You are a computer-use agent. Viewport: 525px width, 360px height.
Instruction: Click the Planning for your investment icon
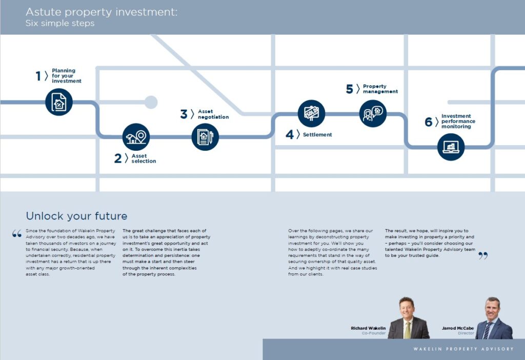point(59,102)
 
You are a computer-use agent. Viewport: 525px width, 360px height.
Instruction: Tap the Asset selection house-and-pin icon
point(136,137)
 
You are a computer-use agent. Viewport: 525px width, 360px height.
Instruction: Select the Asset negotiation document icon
point(205,137)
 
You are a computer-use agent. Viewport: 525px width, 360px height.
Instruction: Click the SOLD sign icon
point(311,113)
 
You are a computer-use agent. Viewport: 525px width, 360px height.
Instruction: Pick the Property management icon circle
point(373,113)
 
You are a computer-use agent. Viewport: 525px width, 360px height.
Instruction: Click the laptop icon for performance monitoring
point(451,147)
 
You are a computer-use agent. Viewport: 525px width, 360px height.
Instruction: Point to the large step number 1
point(38,76)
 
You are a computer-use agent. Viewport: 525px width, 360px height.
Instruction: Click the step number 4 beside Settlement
point(290,135)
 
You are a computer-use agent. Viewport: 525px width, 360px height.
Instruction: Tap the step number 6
point(428,122)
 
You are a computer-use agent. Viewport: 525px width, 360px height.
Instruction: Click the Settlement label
point(317,135)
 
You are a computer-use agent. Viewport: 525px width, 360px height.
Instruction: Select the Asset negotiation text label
point(213,114)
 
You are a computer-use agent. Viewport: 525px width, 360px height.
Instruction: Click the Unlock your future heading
point(77,216)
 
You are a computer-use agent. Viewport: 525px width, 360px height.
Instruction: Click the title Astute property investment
point(102,12)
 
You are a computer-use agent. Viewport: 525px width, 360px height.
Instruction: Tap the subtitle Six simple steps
point(60,23)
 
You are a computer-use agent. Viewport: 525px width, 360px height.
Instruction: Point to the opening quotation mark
point(17,233)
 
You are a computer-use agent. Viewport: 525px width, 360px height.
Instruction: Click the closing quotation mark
point(483,256)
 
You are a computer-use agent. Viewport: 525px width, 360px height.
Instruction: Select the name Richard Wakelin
point(368,328)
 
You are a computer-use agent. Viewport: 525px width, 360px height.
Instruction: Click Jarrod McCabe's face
point(493,308)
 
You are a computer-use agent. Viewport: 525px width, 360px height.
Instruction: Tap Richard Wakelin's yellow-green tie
point(407,330)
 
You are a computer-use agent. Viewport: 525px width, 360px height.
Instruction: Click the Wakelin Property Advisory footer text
point(463,349)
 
